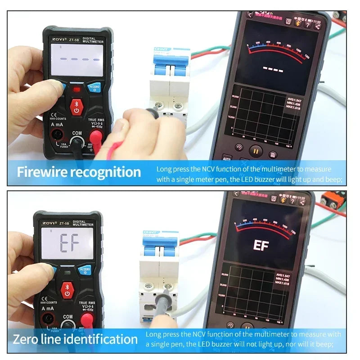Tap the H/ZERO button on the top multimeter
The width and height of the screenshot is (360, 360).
(94, 87)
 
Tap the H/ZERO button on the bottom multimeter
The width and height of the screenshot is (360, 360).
(85, 270)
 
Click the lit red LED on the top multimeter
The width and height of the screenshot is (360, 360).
(76, 90)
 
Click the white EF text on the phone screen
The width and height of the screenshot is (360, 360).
(261, 245)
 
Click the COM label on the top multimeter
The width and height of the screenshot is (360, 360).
(76, 133)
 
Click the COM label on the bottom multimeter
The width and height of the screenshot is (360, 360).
(67, 317)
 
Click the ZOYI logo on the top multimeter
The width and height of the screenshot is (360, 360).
(56, 40)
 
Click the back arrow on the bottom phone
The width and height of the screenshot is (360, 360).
(236, 194)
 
